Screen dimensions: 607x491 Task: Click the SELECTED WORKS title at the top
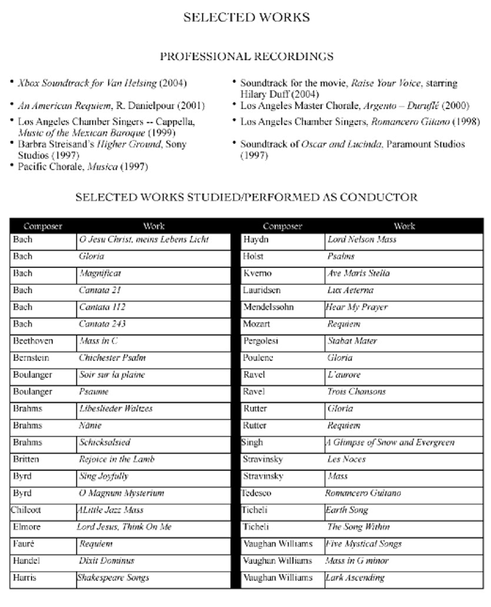246,17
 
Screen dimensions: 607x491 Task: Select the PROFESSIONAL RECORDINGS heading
246,57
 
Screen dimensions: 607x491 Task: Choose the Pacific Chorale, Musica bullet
82,167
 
